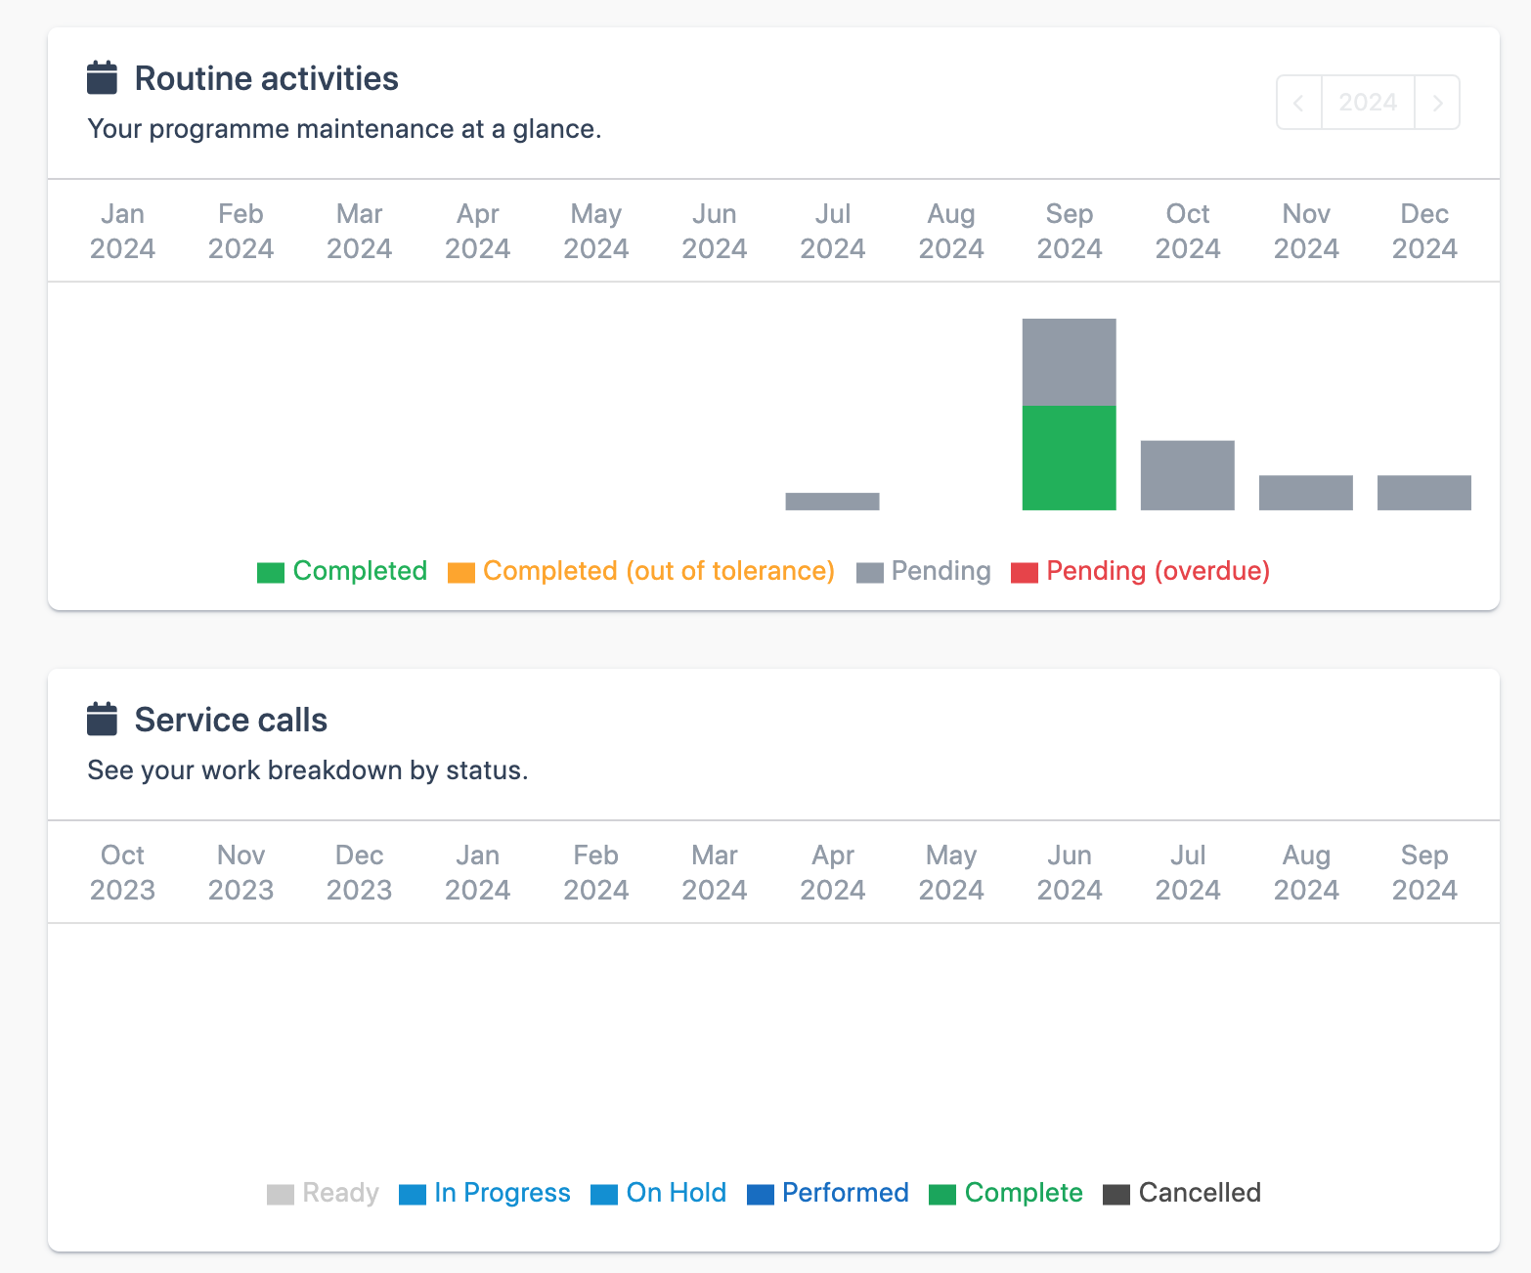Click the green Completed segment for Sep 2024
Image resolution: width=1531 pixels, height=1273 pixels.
tap(1069, 458)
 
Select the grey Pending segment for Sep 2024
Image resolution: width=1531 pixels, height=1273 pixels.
tap(1069, 362)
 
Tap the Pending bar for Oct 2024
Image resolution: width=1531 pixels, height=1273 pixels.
tap(1187, 475)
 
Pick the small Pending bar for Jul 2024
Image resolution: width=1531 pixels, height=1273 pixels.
tap(832, 502)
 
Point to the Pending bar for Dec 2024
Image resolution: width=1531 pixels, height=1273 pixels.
tap(1423, 493)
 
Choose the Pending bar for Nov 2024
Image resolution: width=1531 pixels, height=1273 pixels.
tap(1305, 493)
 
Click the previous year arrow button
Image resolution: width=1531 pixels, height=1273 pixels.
tap(1298, 103)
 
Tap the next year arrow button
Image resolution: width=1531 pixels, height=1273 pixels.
tap(1437, 103)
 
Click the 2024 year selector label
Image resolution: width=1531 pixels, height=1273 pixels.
tap(1368, 103)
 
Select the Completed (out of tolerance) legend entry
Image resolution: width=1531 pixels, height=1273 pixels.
tap(641, 571)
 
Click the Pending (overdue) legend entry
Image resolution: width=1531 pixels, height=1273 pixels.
tap(1140, 571)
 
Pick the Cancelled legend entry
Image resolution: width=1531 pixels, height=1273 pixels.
tap(1182, 1193)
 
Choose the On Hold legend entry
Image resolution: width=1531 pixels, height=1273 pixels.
tap(659, 1193)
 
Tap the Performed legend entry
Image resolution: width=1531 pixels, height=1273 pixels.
tap(828, 1193)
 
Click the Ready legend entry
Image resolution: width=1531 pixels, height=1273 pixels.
tap(323, 1193)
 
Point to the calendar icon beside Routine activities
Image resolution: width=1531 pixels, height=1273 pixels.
tap(102, 78)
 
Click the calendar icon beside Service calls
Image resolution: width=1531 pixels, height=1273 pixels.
tap(102, 720)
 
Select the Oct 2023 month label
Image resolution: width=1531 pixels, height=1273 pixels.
tap(122, 872)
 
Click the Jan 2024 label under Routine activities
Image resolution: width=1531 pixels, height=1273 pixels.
tap(122, 231)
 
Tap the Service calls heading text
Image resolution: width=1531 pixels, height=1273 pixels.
tap(231, 720)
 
